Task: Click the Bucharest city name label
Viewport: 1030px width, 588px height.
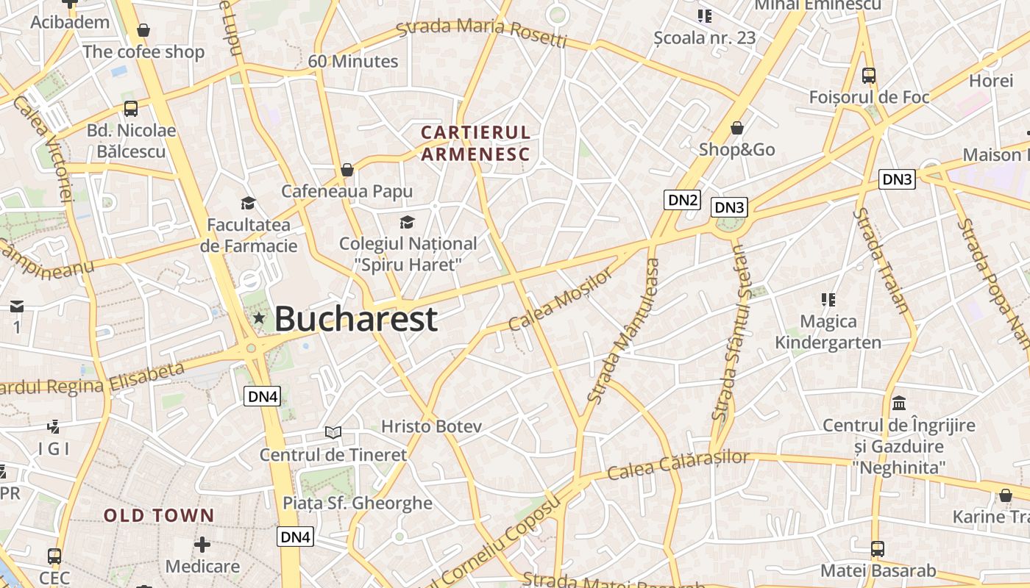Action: point(356,319)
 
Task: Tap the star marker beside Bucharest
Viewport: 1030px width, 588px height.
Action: point(259,318)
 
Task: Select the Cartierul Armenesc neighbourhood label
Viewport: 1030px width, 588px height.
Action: point(475,143)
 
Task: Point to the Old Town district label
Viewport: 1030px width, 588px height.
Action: point(159,515)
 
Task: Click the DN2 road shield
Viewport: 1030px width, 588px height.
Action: point(682,199)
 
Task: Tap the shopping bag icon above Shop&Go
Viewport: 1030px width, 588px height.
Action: point(737,129)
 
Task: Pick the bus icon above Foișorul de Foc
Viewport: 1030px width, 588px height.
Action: point(869,75)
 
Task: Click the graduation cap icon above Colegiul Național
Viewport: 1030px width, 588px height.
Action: point(407,222)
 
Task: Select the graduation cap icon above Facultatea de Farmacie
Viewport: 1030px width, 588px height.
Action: point(248,203)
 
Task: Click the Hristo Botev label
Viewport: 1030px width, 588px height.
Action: point(431,426)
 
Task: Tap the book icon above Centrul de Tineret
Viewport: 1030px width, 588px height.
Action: point(333,432)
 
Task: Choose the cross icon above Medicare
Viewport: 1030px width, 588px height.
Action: point(202,545)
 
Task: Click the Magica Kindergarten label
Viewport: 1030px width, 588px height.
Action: point(828,332)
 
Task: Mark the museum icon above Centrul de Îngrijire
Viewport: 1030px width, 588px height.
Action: point(898,403)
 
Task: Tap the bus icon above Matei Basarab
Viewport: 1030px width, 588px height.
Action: point(878,548)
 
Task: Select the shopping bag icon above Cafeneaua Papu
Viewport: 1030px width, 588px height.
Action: point(347,171)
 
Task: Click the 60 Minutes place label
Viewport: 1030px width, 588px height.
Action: point(353,61)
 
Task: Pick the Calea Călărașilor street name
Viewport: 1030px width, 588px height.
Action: point(678,466)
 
